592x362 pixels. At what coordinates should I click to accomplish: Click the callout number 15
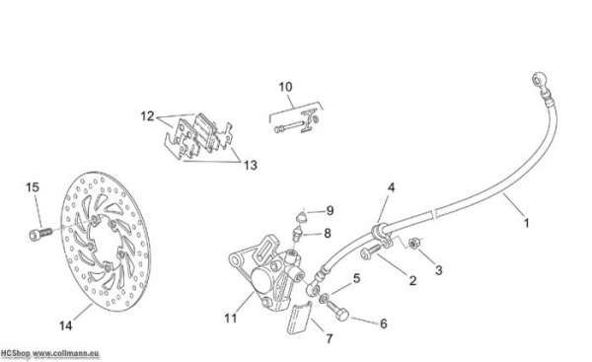click(33, 187)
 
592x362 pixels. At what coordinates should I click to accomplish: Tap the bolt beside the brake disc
click(39, 234)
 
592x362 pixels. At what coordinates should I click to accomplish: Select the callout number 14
click(66, 326)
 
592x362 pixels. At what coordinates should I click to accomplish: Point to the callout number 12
click(148, 116)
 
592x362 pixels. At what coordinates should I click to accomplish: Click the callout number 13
click(251, 165)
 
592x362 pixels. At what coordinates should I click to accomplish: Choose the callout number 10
click(285, 87)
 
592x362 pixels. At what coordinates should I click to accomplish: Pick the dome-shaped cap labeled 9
click(301, 217)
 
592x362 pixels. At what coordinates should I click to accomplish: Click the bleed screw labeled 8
click(298, 234)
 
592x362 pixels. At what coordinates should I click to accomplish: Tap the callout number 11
click(231, 319)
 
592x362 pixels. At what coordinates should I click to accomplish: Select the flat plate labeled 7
click(299, 320)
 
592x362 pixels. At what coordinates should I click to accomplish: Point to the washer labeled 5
click(324, 299)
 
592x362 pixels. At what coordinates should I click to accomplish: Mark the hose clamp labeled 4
click(380, 234)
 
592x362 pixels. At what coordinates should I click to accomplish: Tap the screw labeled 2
click(371, 252)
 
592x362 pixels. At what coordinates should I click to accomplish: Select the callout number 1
click(526, 223)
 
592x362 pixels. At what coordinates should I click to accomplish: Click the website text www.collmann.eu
click(66, 354)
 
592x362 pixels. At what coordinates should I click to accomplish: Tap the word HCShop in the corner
click(15, 354)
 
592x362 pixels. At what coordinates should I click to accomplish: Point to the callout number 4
click(391, 187)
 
